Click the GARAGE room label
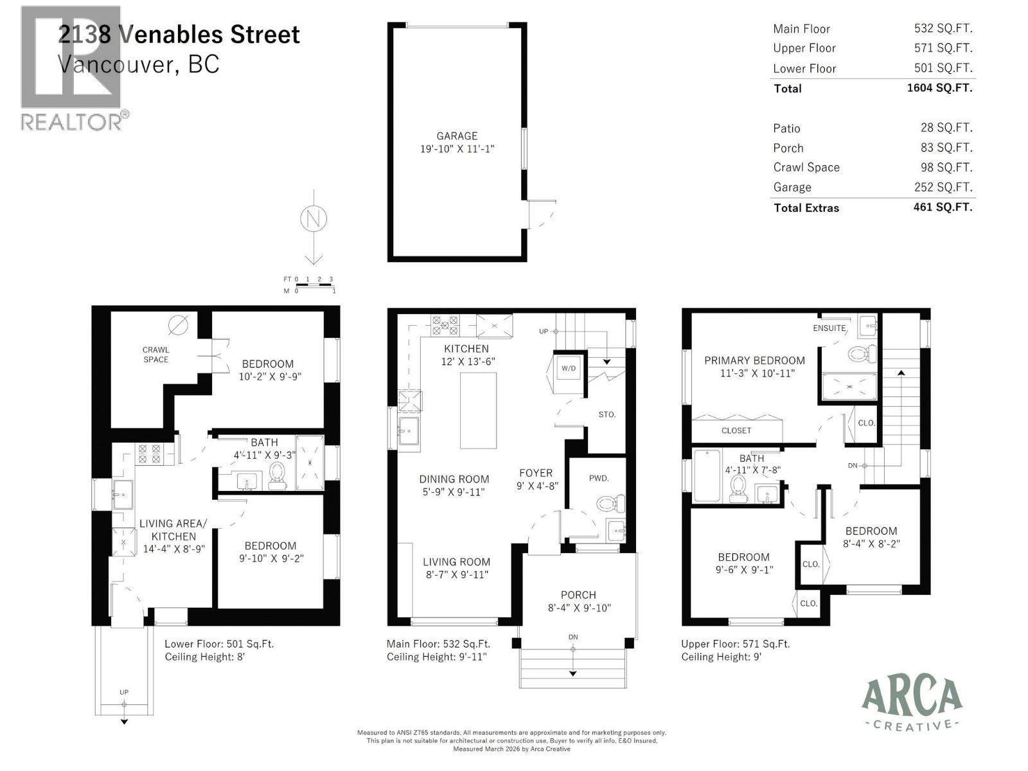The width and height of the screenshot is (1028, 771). click(457, 136)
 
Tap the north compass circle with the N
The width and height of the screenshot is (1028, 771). click(314, 219)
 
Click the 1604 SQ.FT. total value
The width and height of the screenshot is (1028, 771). click(939, 88)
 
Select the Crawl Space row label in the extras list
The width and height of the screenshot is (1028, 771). click(806, 168)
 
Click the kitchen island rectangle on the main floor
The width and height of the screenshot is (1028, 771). click(478, 410)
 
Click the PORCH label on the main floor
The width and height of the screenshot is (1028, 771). click(578, 596)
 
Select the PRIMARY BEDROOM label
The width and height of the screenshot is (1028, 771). click(754, 361)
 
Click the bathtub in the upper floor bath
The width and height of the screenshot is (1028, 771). click(707, 475)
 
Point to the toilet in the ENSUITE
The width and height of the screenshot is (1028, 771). click(862, 353)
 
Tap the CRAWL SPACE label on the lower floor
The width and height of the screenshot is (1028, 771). click(155, 355)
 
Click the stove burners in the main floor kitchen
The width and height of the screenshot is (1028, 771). click(445, 324)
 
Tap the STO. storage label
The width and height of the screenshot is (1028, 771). click(607, 414)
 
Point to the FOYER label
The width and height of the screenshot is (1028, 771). click(535, 474)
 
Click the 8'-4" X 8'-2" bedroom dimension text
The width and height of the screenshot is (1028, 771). click(871, 544)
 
